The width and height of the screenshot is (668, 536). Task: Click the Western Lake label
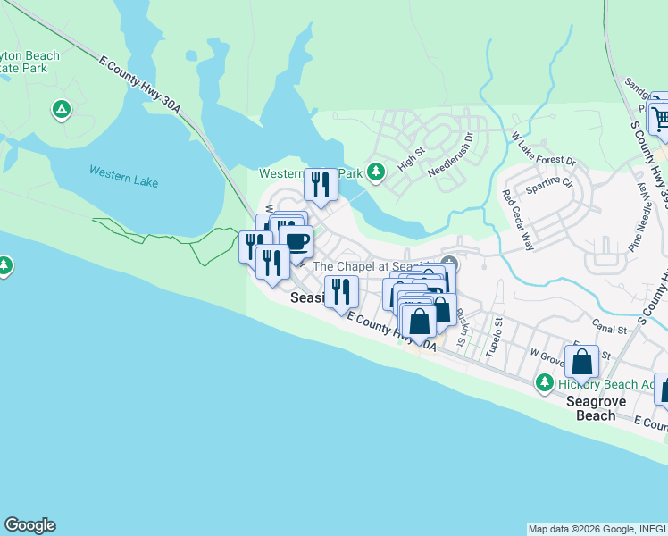(x=123, y=176)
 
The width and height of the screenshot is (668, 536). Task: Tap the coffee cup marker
(x=296, y=240)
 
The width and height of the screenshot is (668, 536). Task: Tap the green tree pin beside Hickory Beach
(x=543, y=382)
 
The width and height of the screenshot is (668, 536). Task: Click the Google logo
(x=29, y=525)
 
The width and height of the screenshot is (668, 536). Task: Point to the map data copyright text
(x=597, y=529)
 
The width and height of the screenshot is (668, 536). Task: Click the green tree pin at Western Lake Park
(x=376, y=170)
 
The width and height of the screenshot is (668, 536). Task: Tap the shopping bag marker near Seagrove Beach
(x=581, y=362)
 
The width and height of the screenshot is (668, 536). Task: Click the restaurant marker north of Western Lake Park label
(x=320, y=184)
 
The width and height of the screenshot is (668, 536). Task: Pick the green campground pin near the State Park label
(x=61, y=109)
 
